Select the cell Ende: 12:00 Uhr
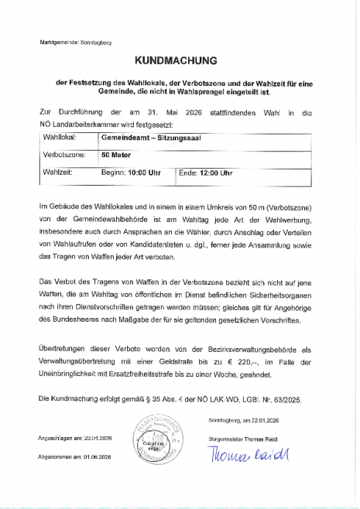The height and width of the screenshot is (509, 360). click(x=206, y=173)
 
